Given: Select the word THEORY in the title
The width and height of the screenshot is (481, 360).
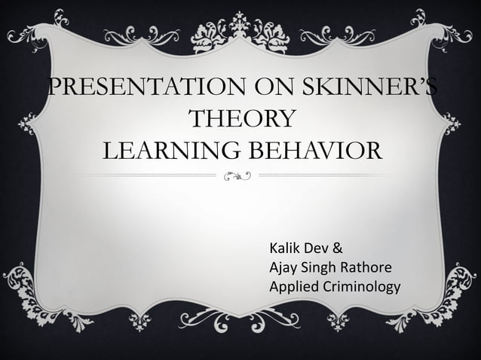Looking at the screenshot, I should pyautogui.click(x=241, y=120).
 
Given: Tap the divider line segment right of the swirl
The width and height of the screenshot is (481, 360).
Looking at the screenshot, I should pyautogui.click(x=332, y=176).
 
